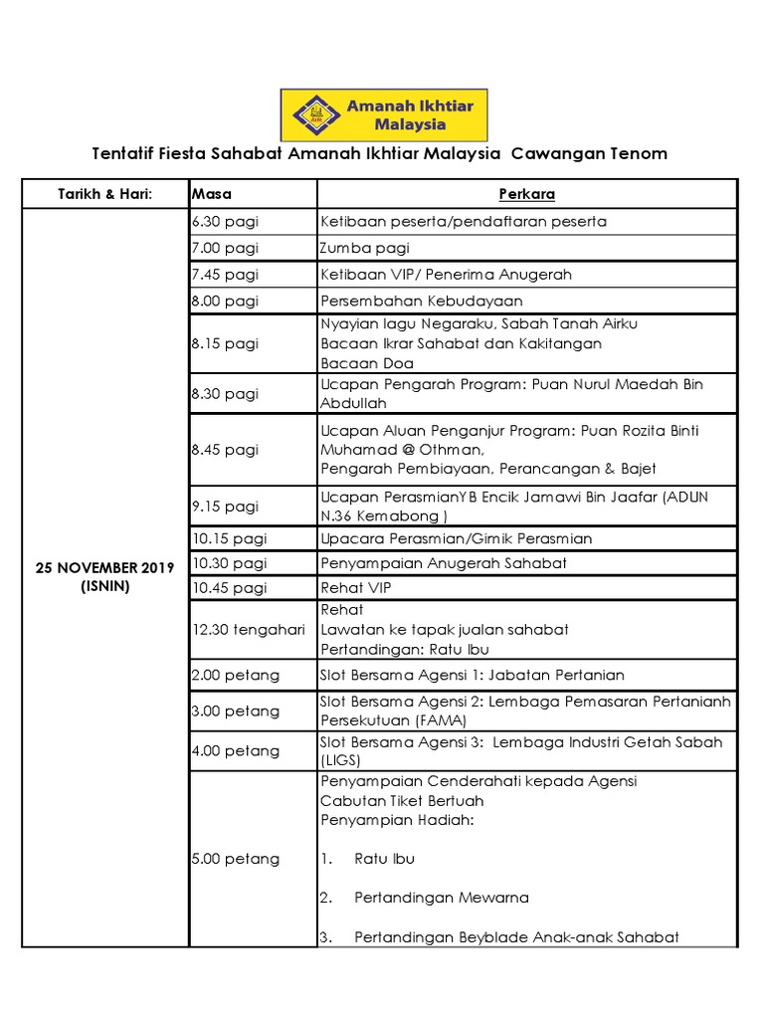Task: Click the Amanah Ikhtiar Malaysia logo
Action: (x=389, y=113)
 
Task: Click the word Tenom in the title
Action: (x=633, y=154)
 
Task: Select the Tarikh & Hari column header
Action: (x=104, y=194)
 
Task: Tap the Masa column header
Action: (x=211, y=194)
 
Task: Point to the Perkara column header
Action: (x=526, y=194)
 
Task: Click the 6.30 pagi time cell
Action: (x=225, y=222)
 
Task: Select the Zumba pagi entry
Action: (x=364, y=248)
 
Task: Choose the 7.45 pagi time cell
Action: (x=225, y=274)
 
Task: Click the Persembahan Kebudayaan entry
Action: (x=421, y=301)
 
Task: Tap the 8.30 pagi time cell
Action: (x=225, y=394)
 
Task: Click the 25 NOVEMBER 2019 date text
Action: (x=104, y=568)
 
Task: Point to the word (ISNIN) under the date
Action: (x=104, y=586)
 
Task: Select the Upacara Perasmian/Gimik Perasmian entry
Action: (x=456, y=538)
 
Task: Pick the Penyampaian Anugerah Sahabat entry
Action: (x=444, y=563)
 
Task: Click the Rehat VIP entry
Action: (x=355, y=588)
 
